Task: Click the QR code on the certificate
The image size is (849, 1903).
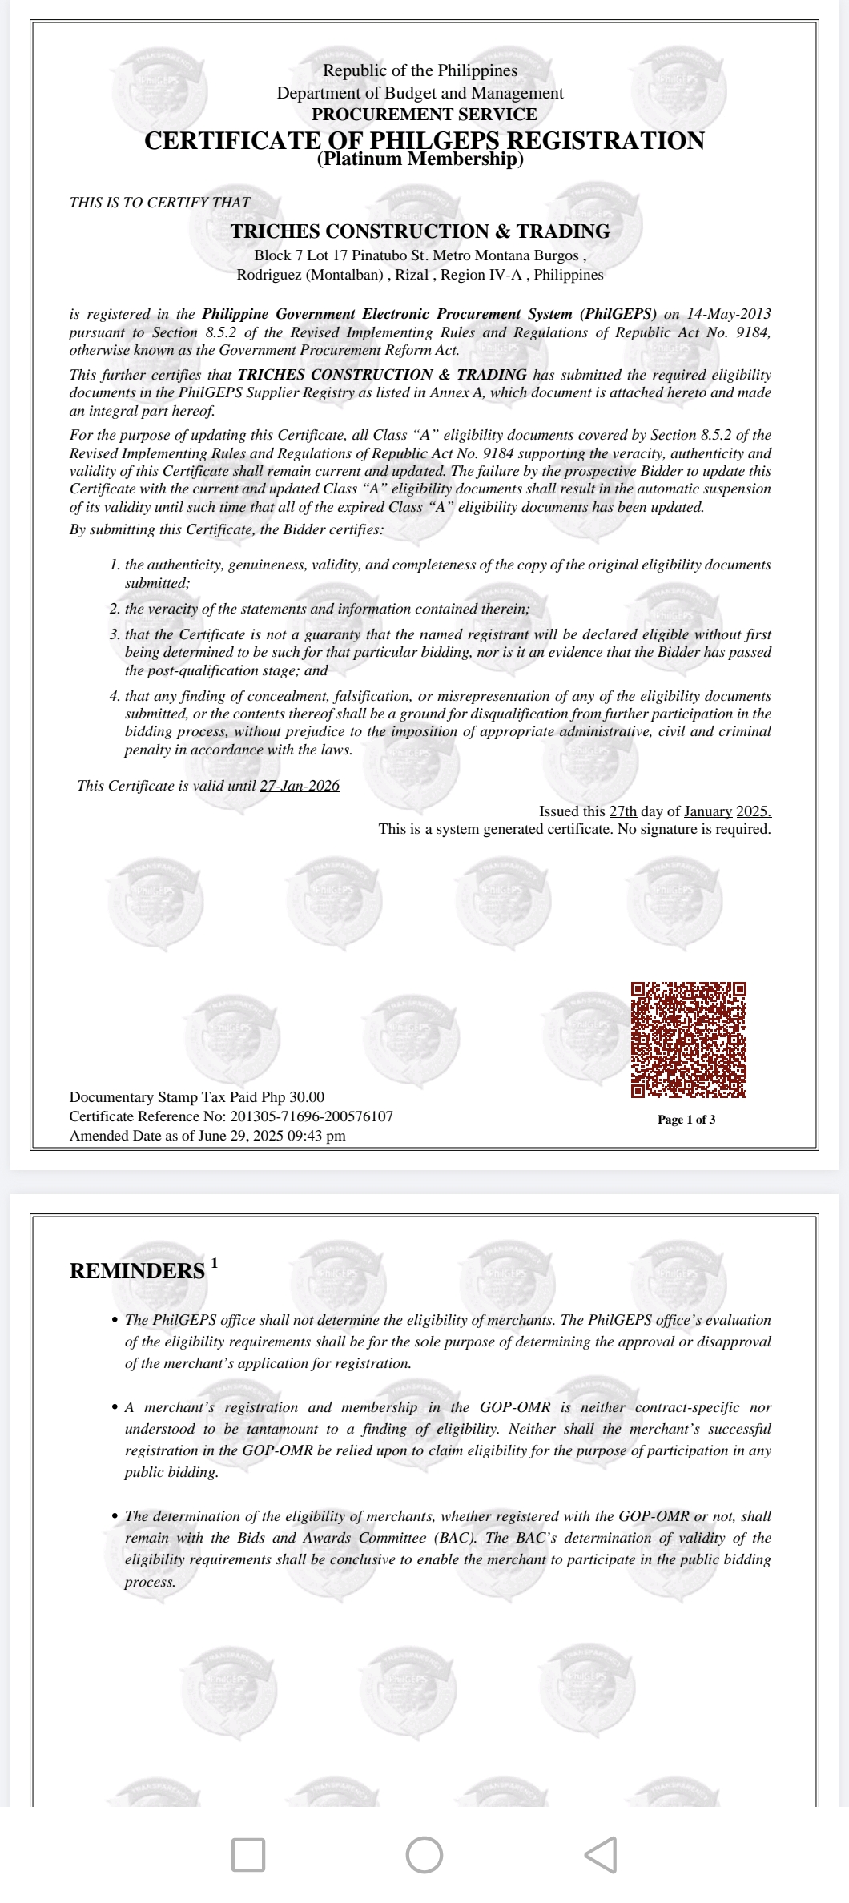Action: point(688,1040)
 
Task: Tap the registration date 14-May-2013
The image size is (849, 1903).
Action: point(728,314)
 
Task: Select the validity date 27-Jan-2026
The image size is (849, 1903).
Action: point(300,786)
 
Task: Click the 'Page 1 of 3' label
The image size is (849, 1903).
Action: point(686,1120)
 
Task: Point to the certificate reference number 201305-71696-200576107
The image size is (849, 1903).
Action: point(312,1116)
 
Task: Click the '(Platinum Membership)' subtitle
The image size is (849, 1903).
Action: point(420,159)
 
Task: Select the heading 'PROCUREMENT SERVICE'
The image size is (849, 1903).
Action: point(424,115)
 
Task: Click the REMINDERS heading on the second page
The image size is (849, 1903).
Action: point(137,1271)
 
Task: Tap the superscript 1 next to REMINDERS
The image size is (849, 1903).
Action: point(214,1264)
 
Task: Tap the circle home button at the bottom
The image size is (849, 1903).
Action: point(424,1855)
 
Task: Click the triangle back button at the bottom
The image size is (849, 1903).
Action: point(602,1855)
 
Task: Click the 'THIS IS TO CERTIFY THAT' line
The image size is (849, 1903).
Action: point(159,203)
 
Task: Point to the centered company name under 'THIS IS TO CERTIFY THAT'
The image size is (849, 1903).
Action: point(420,231)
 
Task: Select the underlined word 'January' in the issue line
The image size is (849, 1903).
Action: point(708,811)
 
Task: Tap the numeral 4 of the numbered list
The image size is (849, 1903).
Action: point(114,697)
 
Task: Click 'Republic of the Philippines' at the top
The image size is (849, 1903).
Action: point(420,70)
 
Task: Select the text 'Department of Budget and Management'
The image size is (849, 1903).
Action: point(420,93)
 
